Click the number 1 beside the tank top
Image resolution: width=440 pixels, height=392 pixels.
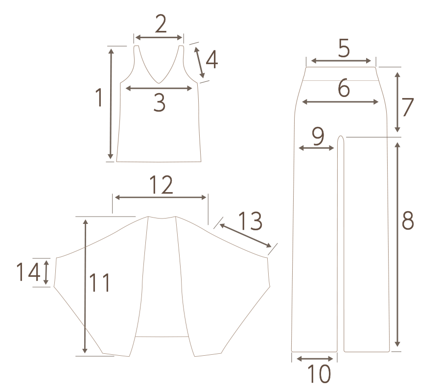tap(99, 97)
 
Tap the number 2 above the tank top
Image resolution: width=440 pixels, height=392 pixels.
tap(161, 24)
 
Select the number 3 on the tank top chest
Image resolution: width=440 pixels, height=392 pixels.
tap(160, 103)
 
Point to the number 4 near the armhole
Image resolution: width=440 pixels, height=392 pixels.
tap(212, 59)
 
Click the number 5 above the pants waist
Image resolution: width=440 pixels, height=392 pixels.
tap(344, 48)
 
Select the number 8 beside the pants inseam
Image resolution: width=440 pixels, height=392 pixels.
tap(408, 220)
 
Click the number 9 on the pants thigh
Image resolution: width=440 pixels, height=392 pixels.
tap(318, 137)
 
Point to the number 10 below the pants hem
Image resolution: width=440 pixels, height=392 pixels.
tap(319, 373)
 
